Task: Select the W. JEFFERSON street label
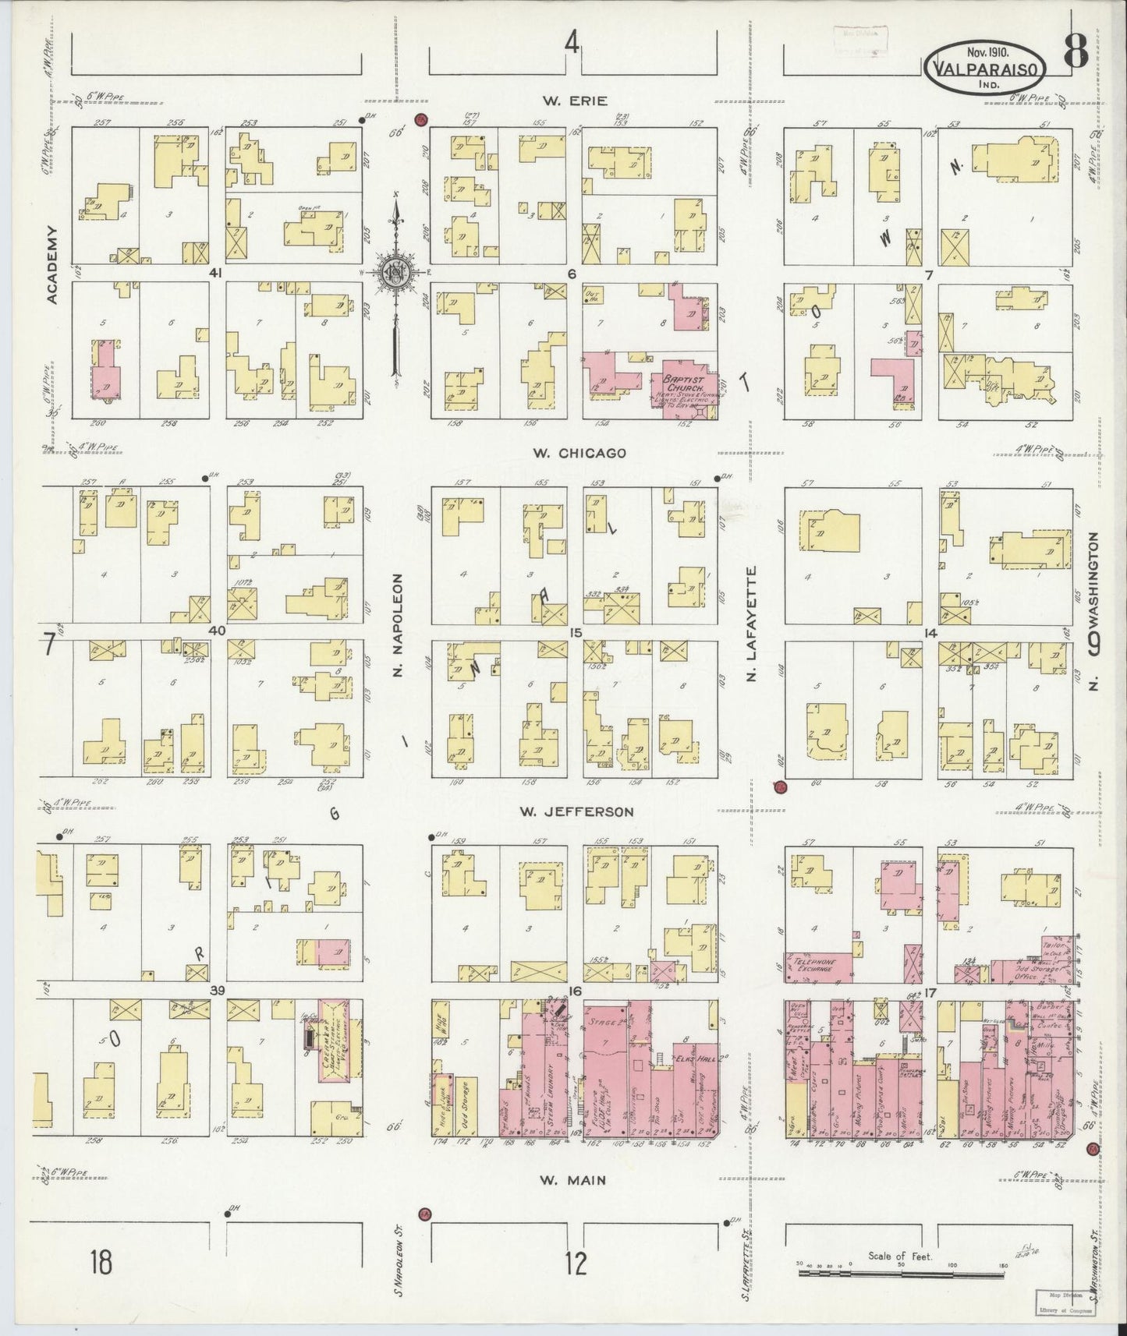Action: (576, 811)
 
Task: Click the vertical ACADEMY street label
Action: (52, 265)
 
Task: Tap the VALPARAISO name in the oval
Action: (984, 69)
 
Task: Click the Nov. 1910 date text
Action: (987, 52)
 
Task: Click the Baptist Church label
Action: (683, 383)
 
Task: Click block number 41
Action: (217, 274)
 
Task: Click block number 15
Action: (576, 633)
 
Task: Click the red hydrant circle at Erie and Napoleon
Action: (422, 120)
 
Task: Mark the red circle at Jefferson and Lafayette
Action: (780, 787)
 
